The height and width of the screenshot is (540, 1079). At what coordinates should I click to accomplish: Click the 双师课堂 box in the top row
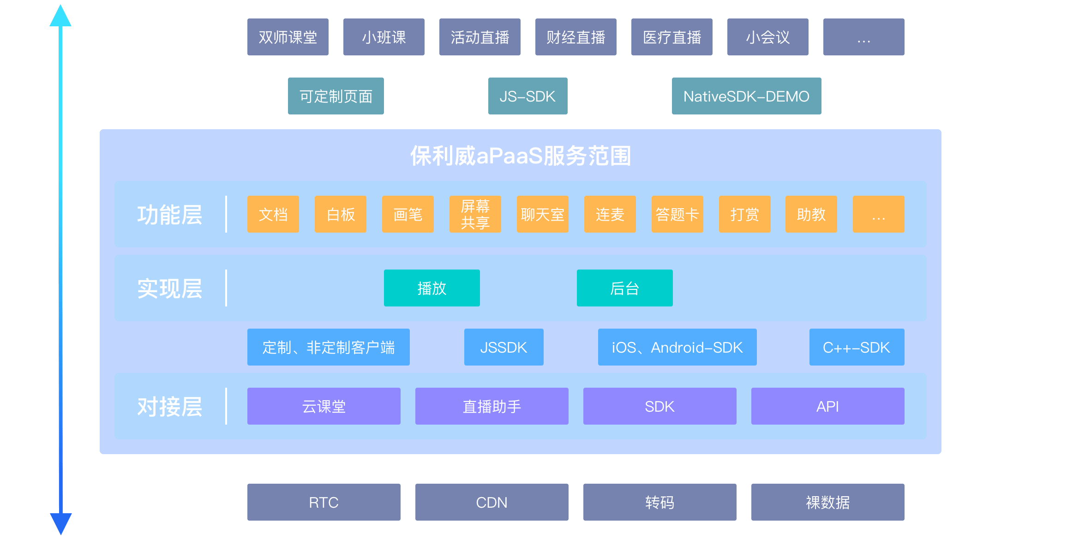coord(288,37)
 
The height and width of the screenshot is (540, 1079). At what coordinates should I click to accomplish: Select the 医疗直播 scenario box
coord(671,37)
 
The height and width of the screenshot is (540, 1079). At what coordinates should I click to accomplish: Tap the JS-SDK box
coord(528,96)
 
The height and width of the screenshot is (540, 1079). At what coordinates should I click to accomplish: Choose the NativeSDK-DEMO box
coord(746,96)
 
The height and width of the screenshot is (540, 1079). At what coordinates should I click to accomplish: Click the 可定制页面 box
coord(336,96)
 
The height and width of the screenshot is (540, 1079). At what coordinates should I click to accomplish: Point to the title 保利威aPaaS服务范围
coord(520,156)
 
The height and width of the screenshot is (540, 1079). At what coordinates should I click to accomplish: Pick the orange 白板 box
coord(340,214)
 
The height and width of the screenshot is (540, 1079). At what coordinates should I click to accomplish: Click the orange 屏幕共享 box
coord(475,214)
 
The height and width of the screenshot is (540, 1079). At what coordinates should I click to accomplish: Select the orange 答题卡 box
coord(677,214)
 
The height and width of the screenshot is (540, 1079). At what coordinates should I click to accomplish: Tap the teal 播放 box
coord(432,288)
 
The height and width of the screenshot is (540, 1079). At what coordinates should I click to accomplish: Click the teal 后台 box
coord(624,288)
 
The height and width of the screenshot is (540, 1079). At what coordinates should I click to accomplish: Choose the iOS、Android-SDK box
coord(677,347)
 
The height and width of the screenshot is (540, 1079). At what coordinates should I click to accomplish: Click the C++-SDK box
coord(857,347)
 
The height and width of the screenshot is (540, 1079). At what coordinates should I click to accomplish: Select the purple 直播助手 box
coord(492,406)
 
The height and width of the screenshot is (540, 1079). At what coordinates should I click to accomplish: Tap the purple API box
coord(827,406)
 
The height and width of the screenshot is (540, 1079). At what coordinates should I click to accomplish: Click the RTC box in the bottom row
coord(324,502)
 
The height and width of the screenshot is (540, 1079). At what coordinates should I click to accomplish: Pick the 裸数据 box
coord(827,502)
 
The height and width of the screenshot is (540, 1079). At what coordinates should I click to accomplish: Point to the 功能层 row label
coord(169,215)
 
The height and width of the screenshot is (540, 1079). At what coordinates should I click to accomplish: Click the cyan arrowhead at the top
coord(60,16)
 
